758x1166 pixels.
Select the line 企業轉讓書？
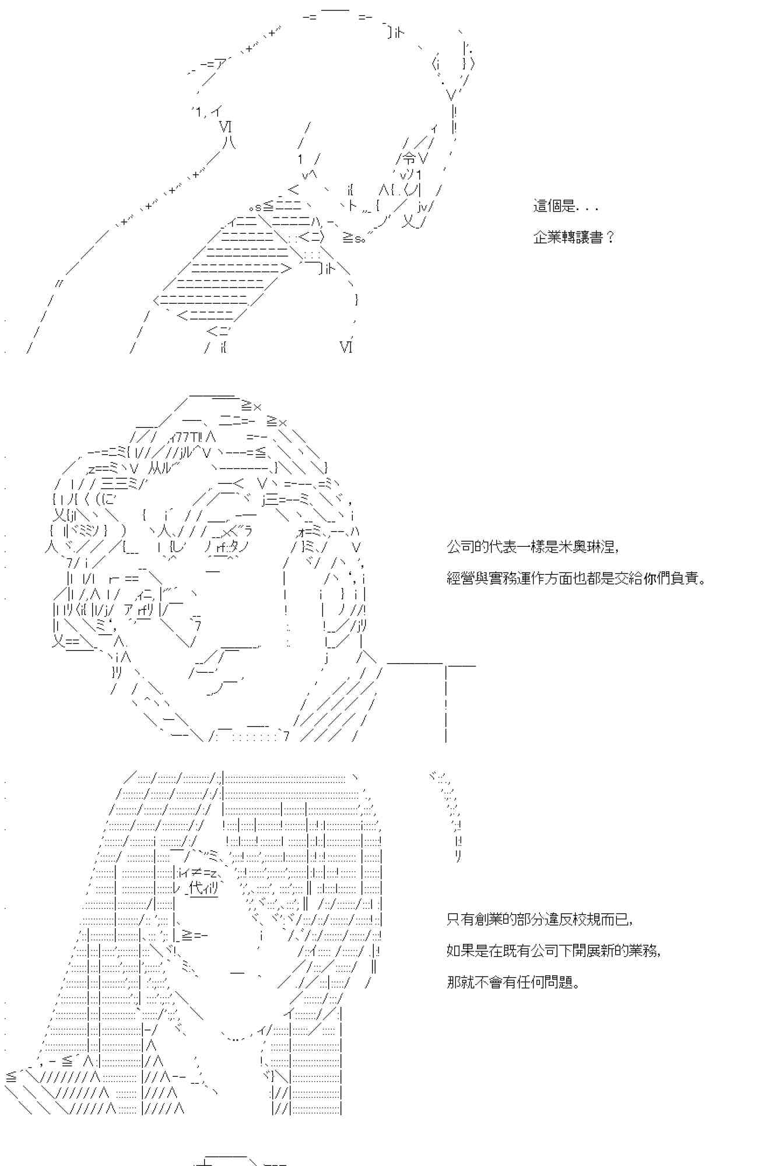[574, 237]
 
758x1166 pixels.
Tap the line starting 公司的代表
[532, 547]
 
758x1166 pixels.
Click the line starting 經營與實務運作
[577, 578]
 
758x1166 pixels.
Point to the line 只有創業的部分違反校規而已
[539, 919]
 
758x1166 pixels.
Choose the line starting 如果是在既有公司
[553, 951]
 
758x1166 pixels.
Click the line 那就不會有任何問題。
[513, 982]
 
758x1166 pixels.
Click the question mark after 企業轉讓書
[610, 237]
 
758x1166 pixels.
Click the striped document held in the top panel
[233, 268]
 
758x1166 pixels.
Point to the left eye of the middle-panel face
[226, 548]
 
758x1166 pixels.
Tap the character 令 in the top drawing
[410, 157]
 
